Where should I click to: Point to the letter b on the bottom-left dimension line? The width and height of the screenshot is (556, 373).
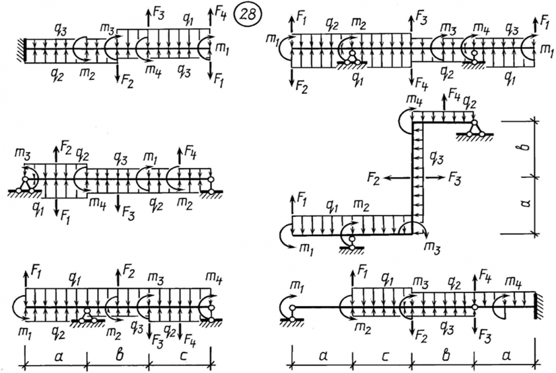118,354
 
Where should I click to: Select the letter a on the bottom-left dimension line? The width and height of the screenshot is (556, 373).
55,355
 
